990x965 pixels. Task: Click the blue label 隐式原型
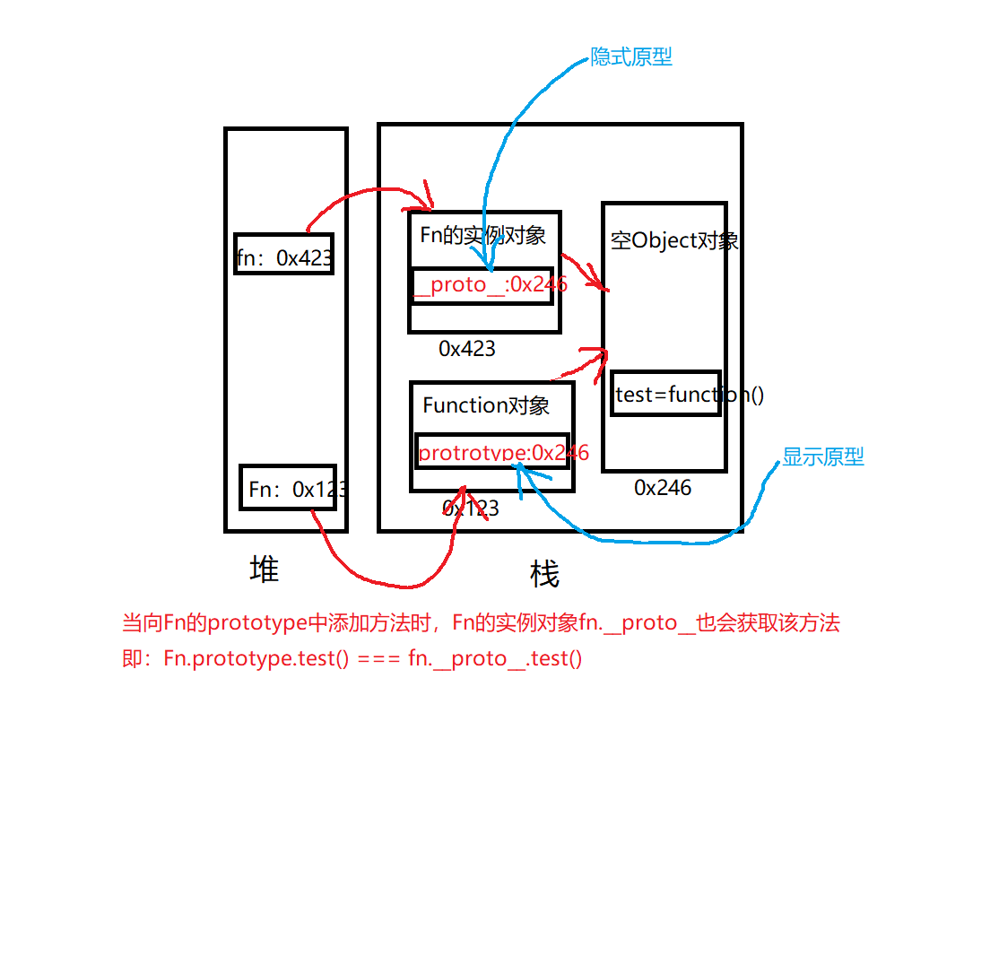[631, 57]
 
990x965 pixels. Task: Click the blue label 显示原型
[823, 456]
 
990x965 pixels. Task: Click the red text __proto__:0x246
[490, 285]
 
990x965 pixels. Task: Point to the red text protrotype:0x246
[503, 453]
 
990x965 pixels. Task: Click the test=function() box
[666, 394]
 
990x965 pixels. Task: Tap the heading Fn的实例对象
[482, 235]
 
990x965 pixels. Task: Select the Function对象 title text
[486, 405]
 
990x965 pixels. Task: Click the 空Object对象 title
[674, 240]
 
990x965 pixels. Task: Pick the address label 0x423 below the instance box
[466, 349]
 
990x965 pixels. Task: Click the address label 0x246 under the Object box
[663, 488]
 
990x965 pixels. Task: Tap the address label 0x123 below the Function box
[471, 509]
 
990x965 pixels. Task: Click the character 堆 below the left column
[264, 569]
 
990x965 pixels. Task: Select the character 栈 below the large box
[544, 574]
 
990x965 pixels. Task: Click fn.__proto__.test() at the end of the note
[495, 659]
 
